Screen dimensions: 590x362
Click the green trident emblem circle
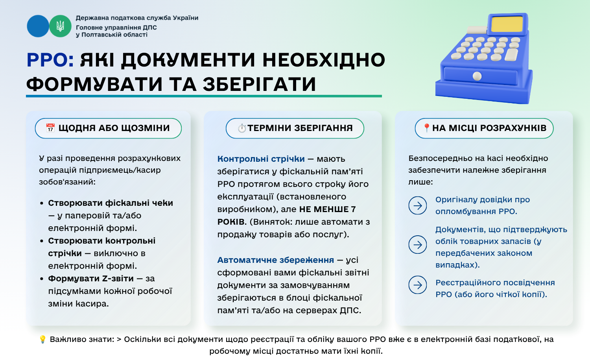tap(60, 26)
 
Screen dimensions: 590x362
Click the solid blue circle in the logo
tap(38, 26)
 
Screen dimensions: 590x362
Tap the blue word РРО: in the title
tap(50, 60)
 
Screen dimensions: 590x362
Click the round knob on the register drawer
tap(477, 76)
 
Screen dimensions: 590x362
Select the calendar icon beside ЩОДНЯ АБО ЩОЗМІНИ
tap(50, 128)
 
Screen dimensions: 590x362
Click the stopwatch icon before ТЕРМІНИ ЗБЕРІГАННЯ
tap(242, 128)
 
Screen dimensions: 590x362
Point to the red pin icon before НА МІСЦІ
tap(427, 128)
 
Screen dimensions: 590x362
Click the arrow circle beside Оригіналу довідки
tap(417, 205)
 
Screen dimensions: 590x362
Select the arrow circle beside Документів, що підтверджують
tap(417, 245)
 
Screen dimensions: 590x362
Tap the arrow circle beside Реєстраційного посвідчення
tap(417, 285)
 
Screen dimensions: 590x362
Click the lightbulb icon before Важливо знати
tap(42, 339)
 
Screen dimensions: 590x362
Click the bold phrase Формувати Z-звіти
tap(91, 279)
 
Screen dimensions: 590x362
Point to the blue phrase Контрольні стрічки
tap(261, 159)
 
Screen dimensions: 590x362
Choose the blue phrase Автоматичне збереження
tap(275, 260)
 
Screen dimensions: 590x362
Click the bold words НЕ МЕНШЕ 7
tap(327, 209)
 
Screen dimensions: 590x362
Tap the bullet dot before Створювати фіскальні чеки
tap(42, 203)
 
